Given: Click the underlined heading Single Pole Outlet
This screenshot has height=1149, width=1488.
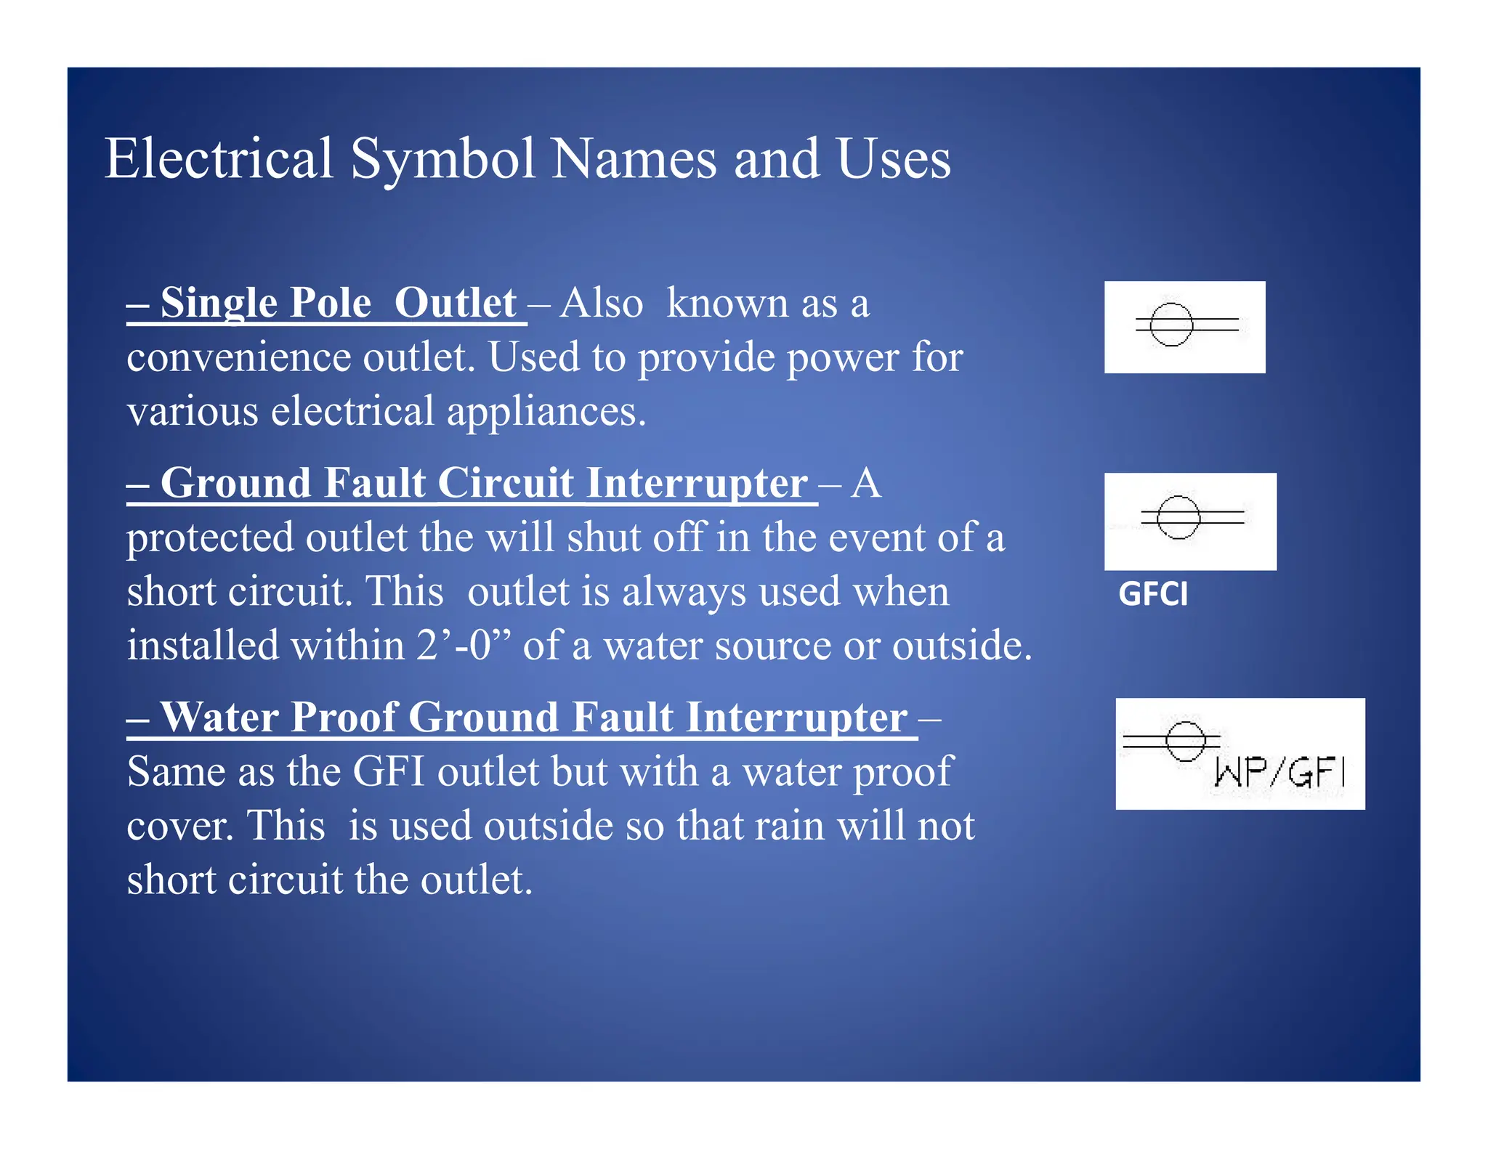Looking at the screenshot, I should [x=327, y=303].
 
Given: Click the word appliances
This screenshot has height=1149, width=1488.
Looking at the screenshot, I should [x=546, y=412].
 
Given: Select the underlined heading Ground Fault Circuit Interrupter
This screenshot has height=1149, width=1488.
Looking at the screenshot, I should [x=472, y=483].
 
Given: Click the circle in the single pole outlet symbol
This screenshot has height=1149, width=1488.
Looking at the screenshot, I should [x=1170, y=324].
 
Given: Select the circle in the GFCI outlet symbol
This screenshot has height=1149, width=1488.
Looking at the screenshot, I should [x=1177, y=517].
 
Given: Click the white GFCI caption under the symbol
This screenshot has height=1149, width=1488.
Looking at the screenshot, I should [x=1153, y=594].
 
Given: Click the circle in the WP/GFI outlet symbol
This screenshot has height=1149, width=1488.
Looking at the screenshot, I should [x=1186, y=741].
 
